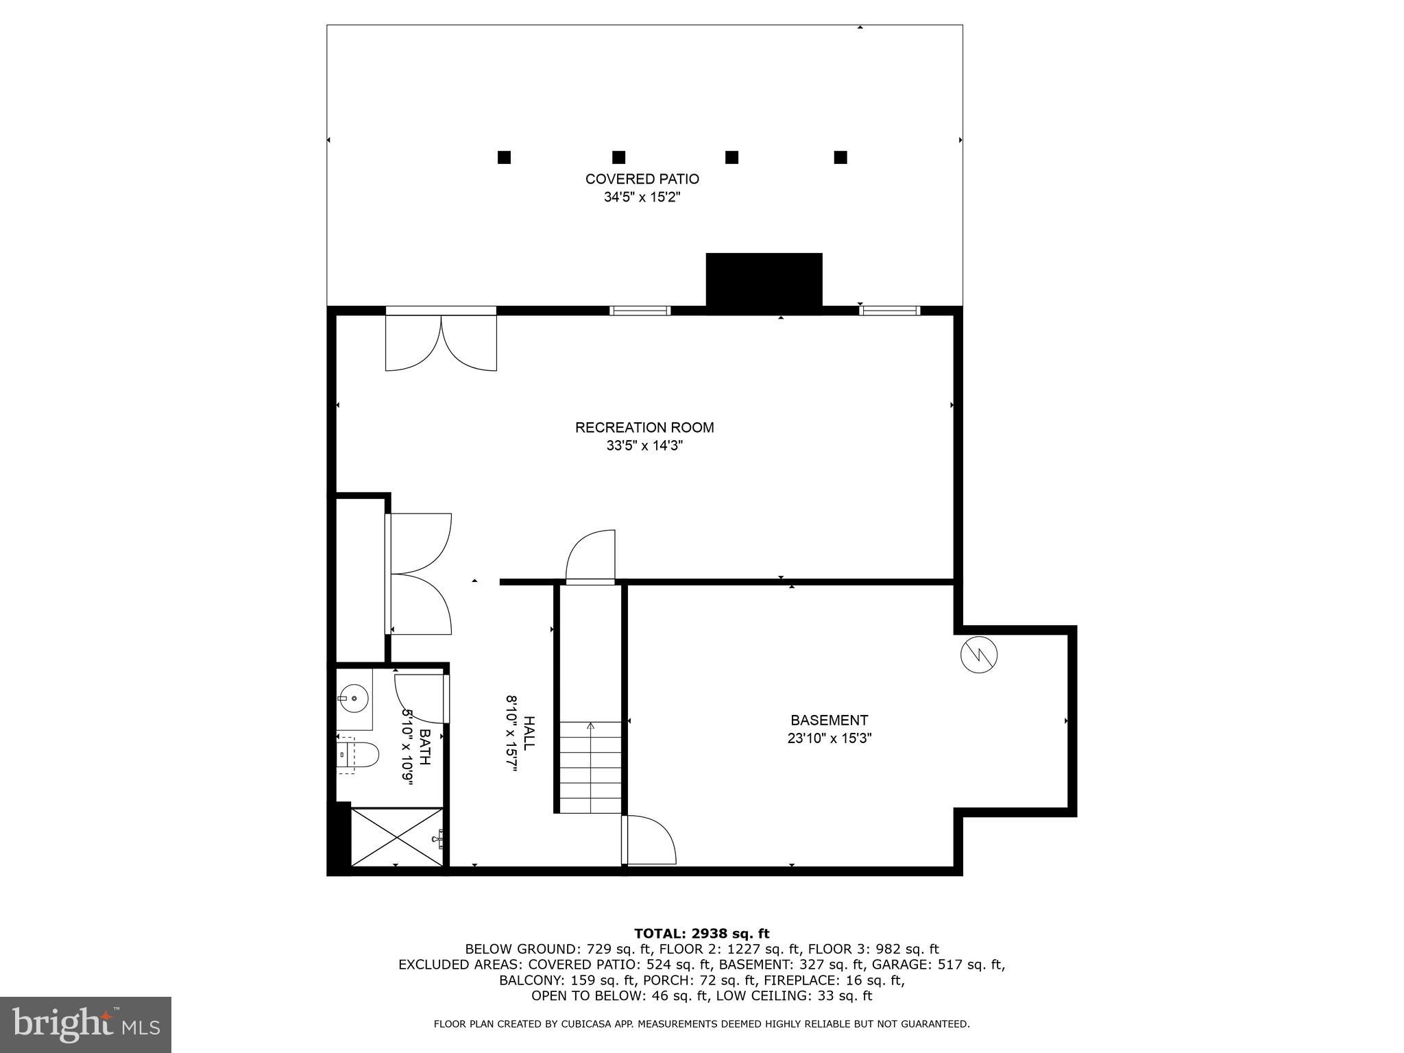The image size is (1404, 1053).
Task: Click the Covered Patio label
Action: click(642, 179)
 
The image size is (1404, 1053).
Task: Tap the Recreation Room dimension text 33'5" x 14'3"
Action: click(644, 446)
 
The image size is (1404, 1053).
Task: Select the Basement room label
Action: click(829, 721)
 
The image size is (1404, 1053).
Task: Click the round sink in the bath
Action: click(354, 699)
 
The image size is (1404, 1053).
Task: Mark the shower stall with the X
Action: click(397, 837)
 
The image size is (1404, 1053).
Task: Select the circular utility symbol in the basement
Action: click(979, 655)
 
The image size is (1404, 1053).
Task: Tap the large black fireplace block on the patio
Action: click(764, 280)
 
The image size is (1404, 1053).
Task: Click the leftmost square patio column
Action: click(504, 157)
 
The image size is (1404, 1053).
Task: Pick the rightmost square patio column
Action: click(840, 157)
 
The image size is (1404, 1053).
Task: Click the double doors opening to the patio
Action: click(441, 340)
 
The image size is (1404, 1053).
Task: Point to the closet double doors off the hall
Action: click(420, 574)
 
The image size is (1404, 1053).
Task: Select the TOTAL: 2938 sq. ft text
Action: click(701, 933)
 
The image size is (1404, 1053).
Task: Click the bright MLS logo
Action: click(85, 1024)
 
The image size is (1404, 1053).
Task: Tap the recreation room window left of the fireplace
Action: click(640, 311)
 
